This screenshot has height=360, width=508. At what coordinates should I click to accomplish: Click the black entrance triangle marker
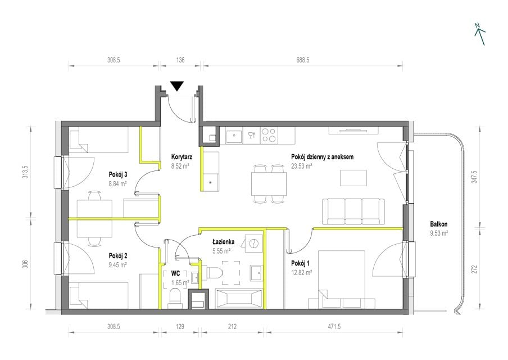coord(177,86)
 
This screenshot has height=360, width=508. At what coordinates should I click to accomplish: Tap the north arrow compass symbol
coord(480,34)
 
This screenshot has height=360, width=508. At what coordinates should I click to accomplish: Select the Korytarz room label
coord(182,157)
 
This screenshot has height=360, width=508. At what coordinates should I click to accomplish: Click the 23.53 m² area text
coord(302,166)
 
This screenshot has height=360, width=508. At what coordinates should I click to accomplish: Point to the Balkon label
coord(439,224)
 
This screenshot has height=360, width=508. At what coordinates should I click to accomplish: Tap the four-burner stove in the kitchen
coord(269,135)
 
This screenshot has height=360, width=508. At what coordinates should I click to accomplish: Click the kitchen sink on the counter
coord(234,135)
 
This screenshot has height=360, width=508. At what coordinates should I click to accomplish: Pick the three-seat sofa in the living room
coord(353,211)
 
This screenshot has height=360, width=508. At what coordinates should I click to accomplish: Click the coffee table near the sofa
coord(353,178)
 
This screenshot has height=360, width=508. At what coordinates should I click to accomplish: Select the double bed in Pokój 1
coord(342,279)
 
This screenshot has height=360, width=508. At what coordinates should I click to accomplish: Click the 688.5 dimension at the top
coord(302,60)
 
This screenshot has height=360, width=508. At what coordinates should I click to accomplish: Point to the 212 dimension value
coord(232,327)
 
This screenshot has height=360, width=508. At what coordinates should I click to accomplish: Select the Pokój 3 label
coord(118,174)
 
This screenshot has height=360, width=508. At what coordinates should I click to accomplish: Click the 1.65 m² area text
coord(180,282)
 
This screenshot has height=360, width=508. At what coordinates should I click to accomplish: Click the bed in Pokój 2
coord(99,295)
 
